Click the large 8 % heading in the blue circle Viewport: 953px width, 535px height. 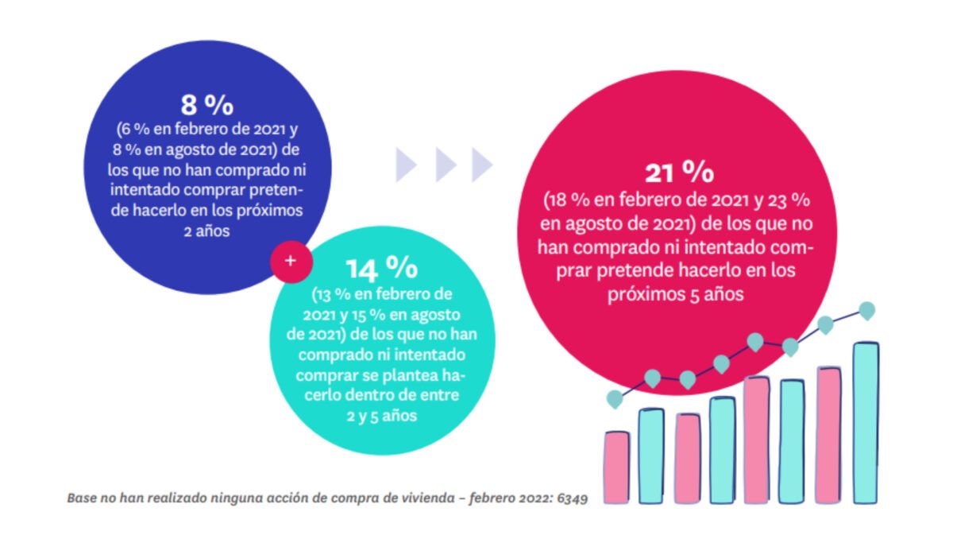[206, 105]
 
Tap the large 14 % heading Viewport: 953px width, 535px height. [372, 269]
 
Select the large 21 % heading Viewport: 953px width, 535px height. [679, 173]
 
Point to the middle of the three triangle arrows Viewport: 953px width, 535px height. [446, 165]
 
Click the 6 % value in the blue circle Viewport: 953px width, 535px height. [129, 131]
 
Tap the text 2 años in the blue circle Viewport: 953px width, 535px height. [206, 231]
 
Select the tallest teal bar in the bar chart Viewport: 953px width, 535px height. [866, 422]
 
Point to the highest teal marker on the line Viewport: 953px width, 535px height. [867, 309]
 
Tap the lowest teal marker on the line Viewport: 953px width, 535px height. [615, 397]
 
